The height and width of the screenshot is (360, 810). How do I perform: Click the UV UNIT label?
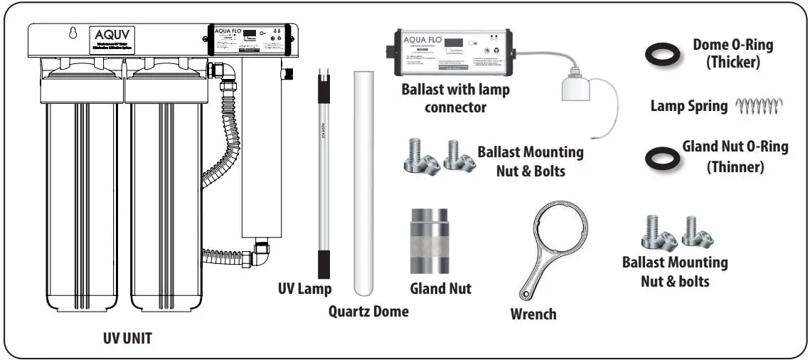125,339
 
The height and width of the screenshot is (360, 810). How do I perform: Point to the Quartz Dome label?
368,311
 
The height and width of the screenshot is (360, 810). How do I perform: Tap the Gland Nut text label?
440,289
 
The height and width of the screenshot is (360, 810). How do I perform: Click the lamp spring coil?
759,106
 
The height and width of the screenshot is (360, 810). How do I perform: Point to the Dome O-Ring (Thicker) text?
732,54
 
